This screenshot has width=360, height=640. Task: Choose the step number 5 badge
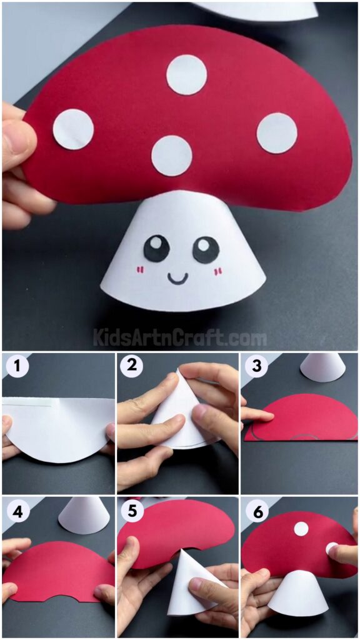coord(131,512)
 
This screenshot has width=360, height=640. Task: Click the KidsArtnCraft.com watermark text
coord(180,338)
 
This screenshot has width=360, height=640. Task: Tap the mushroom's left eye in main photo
coord(156,249)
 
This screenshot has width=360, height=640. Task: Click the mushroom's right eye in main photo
coord(206,249)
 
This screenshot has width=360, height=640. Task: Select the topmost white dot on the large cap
coord(186,75)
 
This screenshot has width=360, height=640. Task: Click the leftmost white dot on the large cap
coord(73,129)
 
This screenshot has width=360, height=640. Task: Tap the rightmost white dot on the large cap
coord(277,132)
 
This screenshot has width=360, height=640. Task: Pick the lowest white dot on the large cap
coord(171,156)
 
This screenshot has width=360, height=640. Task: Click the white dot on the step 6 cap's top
coord(301,529)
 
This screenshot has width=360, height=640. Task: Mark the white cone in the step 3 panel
coord(322,367)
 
